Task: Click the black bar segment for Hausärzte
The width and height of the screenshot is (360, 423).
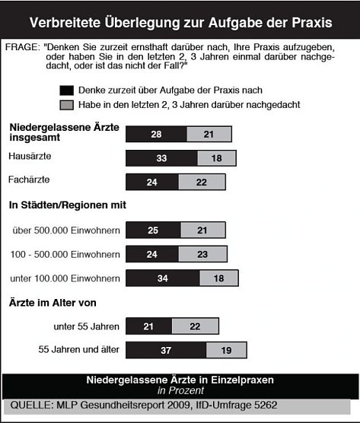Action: pyautogui.click(x=161, y=158)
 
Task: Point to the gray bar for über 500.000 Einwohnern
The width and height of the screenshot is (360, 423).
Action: pyautogui.click(x=202, y=230)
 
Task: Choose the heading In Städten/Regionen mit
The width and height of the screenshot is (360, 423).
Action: pyautogui.click(x=67, y=205)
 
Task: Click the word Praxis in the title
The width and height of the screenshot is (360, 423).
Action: pyautogui.click(x=304, y=21)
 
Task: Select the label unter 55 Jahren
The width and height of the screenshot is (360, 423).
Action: pyautogui.click(x=88, y=327)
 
